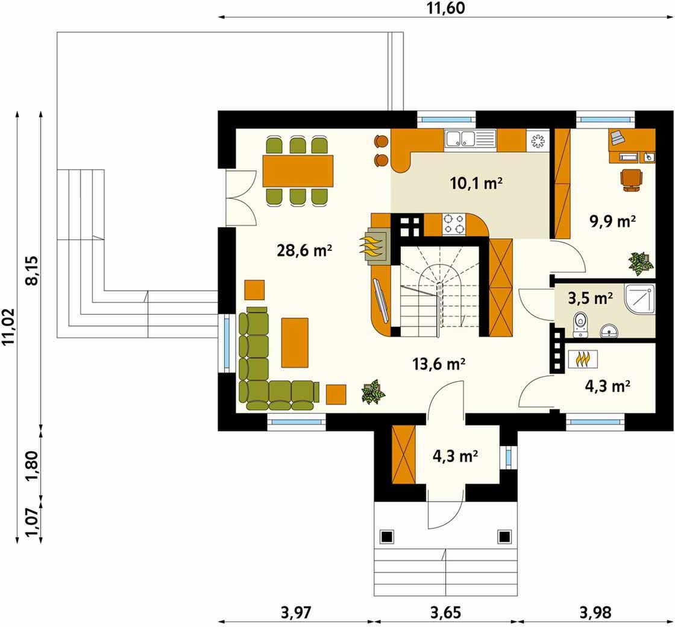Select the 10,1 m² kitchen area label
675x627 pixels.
(x=476, y=183)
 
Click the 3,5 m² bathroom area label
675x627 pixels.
(x=590, y=298)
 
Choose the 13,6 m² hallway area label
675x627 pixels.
(x=439, y=364)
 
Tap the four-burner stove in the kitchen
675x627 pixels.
(x=454, y=224)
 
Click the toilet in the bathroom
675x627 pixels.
(x=580, y=325)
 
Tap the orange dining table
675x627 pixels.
(x=298, y=171)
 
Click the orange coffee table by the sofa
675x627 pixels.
(x=295, y=342)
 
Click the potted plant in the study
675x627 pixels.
(x=641, y=263)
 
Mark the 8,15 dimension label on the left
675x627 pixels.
(x=33, y=271)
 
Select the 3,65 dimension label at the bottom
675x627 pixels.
(x=445, y=612)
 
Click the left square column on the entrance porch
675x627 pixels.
(x=386, y=537)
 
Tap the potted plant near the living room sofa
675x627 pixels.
(x=373, y=392)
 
